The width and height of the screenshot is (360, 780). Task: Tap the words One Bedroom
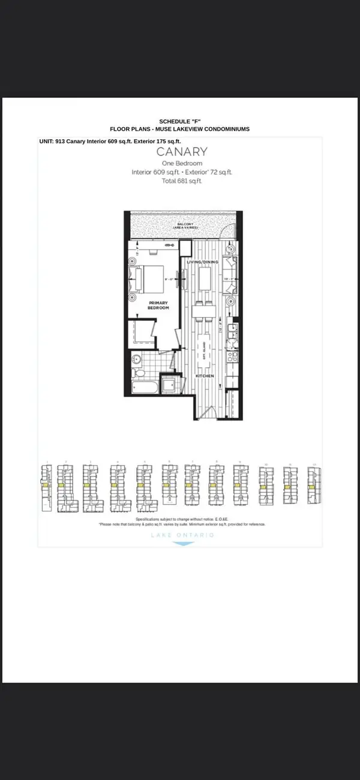pyautogui.click(x=182, y=163)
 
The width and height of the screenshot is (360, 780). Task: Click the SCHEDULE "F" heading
pyautogui.click(x=179, y=121)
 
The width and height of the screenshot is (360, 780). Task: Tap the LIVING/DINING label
pyautogui.click(x=202, y=262)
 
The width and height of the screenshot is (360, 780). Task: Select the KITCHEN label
pyautogui.click(x=204, y=376)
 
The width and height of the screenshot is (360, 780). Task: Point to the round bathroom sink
pyautogui.click(x=136, y=359)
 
